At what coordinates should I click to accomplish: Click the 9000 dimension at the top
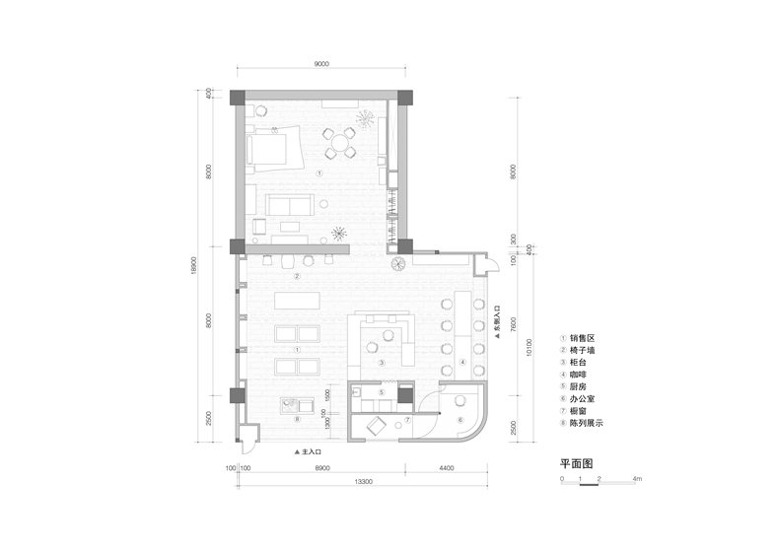point(321,63)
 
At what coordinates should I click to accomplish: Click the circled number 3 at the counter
point(381,362)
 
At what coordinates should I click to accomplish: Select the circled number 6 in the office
point(460,420)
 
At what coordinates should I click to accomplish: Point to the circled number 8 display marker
point(296,419)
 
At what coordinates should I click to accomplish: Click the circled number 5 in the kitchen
point(381,392)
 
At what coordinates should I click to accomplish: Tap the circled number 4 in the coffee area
point(462,362)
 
